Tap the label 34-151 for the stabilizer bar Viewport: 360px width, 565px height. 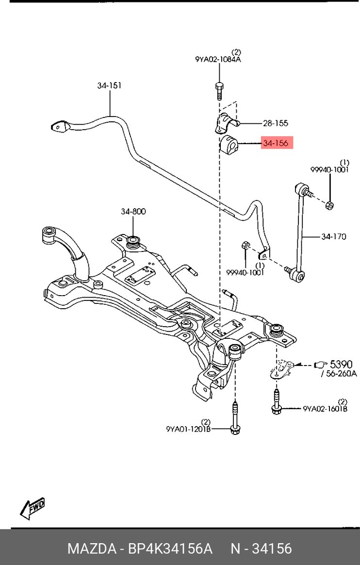109,85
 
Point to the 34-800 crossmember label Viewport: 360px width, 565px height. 133,212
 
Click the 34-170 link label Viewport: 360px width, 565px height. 333,237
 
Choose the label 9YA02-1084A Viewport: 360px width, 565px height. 218,60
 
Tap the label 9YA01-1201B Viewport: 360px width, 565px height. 188,429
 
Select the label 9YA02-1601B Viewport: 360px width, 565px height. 325,409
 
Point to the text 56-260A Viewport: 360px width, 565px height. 340,374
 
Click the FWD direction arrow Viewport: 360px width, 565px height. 33,508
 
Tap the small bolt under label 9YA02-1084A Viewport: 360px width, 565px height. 219,89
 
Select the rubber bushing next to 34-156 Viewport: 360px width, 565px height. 228,144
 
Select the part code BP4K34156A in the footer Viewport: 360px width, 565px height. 170,549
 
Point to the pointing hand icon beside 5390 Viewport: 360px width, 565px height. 321,364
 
